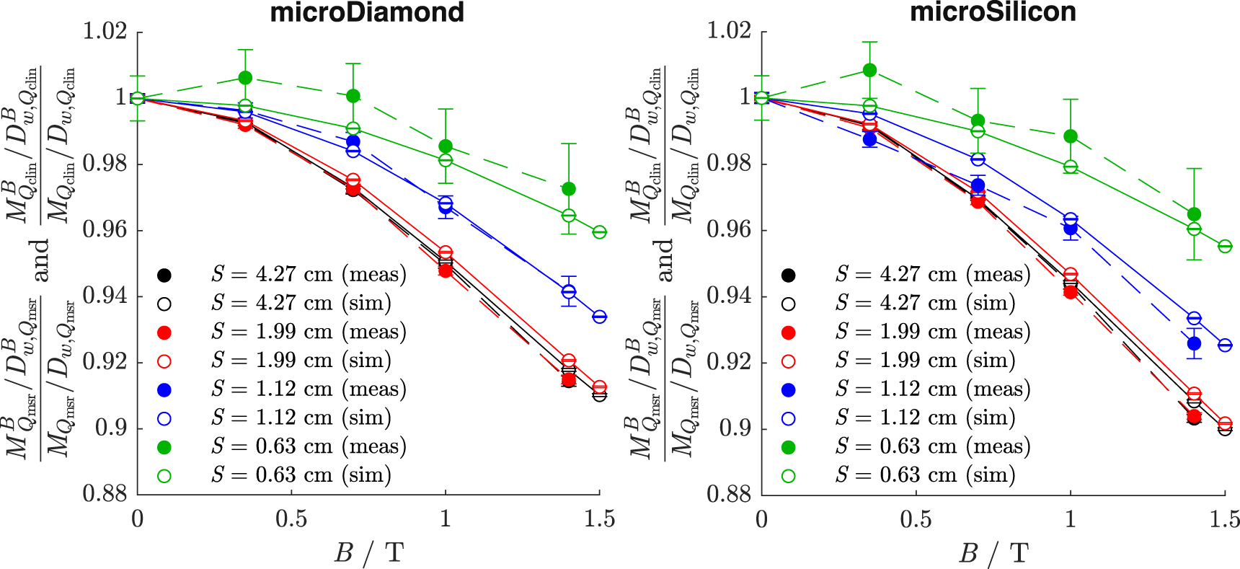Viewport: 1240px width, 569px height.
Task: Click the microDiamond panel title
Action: point(367,12)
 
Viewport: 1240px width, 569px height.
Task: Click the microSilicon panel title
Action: point(993,12)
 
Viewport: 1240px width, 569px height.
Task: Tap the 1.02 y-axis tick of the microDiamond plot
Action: point(105,32)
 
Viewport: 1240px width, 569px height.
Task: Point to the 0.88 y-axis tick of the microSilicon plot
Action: point(729,494)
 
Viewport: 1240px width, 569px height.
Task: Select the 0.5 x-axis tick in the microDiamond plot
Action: point(291,519)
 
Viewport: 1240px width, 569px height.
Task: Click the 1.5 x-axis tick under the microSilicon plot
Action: point(1223,519)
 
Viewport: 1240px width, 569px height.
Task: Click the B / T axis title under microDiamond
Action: point(368,553)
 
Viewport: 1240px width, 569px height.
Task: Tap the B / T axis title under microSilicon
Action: point(993,553)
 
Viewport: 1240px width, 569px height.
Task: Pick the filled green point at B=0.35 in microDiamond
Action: point(245,77)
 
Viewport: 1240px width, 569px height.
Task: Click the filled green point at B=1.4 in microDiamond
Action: point(569,189)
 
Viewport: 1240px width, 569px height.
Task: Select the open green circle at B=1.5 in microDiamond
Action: point(599,232)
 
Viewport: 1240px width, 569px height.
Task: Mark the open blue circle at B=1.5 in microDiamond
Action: point(599,317)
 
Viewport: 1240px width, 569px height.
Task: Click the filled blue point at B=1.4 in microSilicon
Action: point(1194,343)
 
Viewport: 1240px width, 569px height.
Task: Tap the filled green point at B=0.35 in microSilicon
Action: point(869,70)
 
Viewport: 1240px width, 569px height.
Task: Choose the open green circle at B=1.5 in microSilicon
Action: point(1224,246)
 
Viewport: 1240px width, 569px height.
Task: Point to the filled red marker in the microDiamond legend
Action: point(164,332)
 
